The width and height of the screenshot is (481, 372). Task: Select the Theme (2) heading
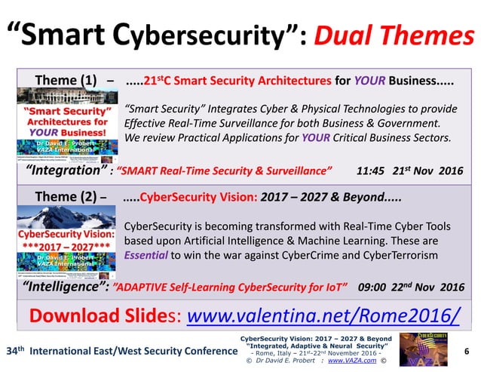click(x=66, y=199)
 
